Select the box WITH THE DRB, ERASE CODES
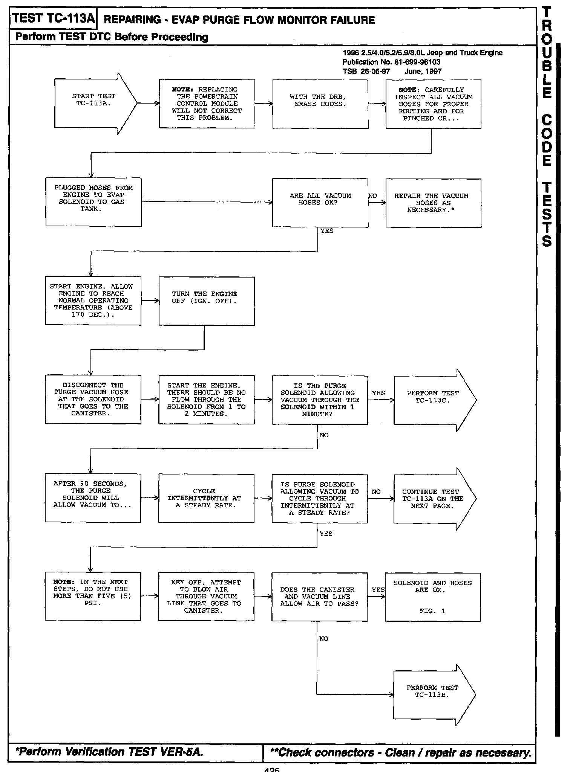click(320, 104)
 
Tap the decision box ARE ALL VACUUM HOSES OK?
click(320, 203)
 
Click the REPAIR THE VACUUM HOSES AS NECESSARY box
click(433, 203)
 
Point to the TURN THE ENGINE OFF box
click(206, 301)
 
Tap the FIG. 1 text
click(432, 611)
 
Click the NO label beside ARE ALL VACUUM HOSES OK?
click(373, 196)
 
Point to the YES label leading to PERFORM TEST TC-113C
click(378, 393)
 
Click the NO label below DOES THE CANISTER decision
click(323, 639)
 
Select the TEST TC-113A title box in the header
click(53, 18)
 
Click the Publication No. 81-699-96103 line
click(391, 62)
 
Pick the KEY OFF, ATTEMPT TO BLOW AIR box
click(206, 597)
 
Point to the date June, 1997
click(423, 72)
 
